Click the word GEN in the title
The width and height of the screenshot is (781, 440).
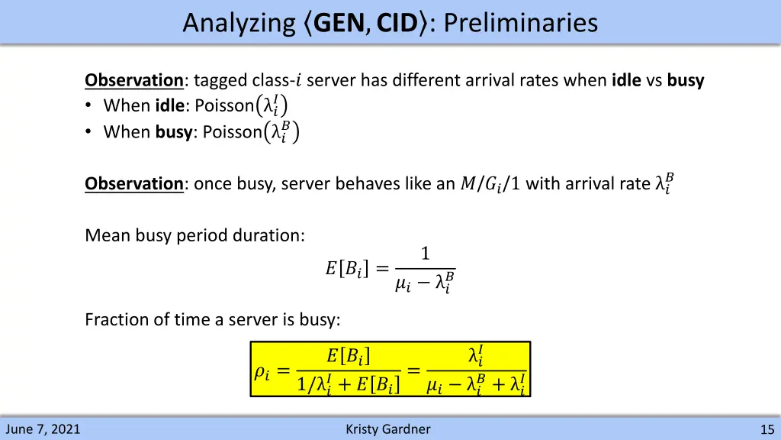[x=339, y=23]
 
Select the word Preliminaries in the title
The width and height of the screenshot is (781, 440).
[x=520, y=23]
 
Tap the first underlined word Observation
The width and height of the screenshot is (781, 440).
[x=133, y=80]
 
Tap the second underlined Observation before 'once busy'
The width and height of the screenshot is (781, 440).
[x=133, y=183]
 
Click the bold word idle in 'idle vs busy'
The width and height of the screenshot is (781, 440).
[x=626, y=80]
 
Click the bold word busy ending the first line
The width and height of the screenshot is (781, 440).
[x=685, y=80]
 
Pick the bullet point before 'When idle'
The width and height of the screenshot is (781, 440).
[x=90, y=105]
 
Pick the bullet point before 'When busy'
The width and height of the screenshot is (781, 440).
[x=90, y=132]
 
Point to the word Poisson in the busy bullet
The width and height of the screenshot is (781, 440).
[x=232, y=132]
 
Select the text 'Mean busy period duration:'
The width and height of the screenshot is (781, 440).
[x=194, y=235]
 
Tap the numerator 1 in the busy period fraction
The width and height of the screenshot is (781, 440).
[x=425, y=254]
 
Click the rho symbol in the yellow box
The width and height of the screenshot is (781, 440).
[x=262, y=372]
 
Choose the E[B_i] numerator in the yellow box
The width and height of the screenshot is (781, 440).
[x=349, y=355]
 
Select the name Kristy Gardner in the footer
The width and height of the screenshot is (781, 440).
[x=387, y=429]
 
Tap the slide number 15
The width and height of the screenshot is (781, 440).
[x=767, y=429]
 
